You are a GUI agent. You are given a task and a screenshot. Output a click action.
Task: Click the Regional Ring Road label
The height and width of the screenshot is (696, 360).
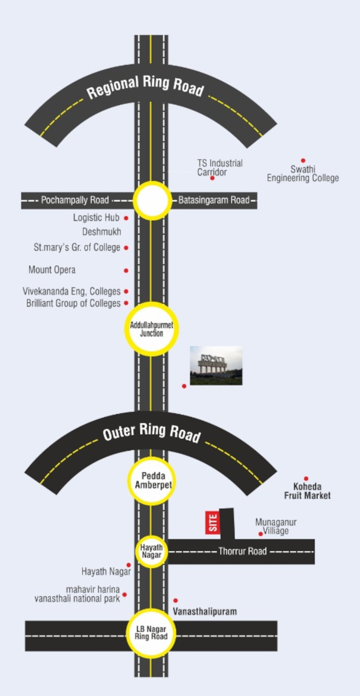point(145,87)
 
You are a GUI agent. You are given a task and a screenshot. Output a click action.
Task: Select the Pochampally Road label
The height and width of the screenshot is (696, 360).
point(75,200)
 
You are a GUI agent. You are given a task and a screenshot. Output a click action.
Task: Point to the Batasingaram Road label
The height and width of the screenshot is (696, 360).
point(214,200)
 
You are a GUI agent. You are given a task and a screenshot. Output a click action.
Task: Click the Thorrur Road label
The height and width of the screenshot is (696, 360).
point(242,551)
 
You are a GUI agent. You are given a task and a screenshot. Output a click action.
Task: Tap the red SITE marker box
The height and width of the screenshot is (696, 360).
point(212,522)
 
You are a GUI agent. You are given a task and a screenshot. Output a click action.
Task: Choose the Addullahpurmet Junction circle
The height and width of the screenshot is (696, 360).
point(151,329)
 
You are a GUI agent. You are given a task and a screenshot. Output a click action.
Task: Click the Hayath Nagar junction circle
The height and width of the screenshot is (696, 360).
point(151,551)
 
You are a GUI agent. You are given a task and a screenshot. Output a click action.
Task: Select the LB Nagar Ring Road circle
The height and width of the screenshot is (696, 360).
point(151,633)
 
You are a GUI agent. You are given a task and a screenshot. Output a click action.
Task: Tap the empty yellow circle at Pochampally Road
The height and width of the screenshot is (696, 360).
point(152,200)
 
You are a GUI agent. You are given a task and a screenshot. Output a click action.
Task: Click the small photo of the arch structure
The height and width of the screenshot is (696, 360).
point(216,365)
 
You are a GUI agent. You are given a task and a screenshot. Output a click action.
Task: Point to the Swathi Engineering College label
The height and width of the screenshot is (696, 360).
point(303,173)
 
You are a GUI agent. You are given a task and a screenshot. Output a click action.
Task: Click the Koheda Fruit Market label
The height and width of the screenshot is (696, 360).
point(307,491)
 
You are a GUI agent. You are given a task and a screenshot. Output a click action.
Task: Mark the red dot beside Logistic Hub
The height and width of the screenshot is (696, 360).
point(126,218)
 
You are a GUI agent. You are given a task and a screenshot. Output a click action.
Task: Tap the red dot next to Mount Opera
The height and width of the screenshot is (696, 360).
point(126,271)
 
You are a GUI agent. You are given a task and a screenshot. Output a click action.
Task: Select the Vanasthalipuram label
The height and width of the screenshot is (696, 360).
point(205,611)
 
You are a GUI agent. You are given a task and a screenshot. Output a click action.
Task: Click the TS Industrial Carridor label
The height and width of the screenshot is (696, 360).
point(220,167)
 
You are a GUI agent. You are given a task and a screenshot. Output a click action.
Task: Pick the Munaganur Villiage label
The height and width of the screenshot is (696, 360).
point(276,526)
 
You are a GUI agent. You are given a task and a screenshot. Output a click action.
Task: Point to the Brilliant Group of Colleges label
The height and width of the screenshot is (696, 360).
point(73,303)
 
